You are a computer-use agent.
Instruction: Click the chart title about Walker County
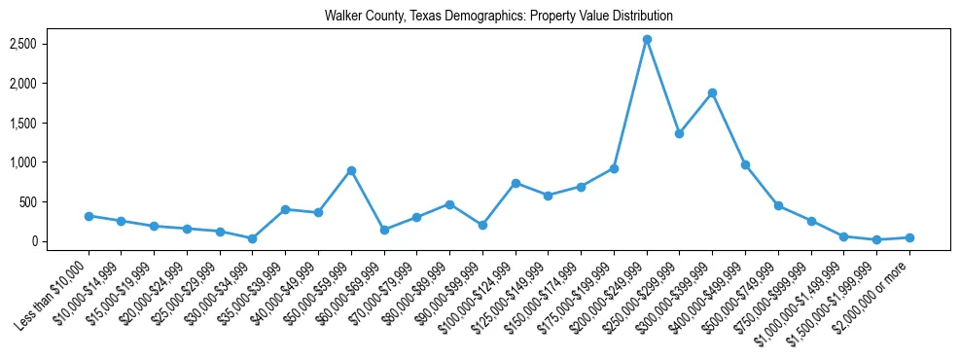(499, 17)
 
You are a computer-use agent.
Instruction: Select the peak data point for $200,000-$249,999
(647, 39)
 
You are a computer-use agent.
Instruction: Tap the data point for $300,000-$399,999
(712, 92)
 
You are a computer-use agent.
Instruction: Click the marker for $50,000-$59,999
(351, 170)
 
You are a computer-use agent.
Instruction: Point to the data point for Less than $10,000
(89, 216)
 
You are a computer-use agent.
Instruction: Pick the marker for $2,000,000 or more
(909, 237)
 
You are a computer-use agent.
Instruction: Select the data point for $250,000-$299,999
(679, 133)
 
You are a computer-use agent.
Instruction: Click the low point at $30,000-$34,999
(252, 238)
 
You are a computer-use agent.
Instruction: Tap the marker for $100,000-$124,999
(516, 183)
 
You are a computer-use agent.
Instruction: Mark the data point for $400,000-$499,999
(745, 164)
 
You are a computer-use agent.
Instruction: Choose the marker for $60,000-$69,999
(384, 230)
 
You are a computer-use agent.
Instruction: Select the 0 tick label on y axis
(61, 241)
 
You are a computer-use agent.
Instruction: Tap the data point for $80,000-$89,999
(449, 204)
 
